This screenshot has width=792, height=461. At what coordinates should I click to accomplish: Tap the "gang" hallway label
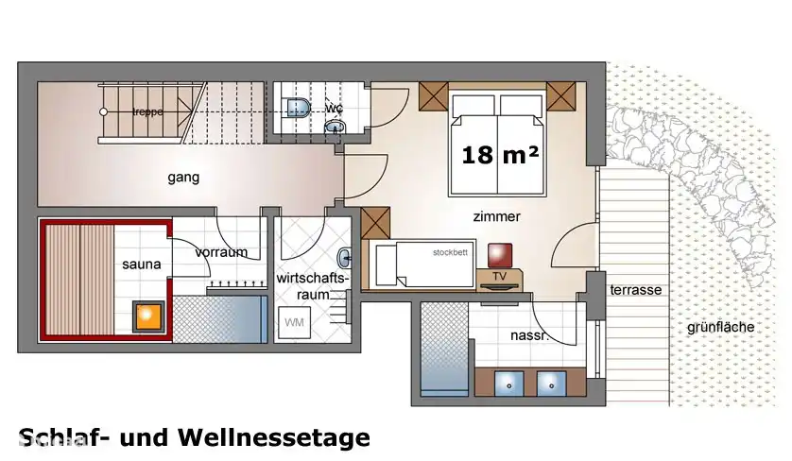click(x=183, y=178)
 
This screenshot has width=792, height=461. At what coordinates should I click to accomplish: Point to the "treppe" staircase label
click(x=147, y=111)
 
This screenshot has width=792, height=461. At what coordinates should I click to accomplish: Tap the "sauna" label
click(x=141, y=265)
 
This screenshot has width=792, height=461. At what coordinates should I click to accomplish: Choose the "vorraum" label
click(x=221, y=252)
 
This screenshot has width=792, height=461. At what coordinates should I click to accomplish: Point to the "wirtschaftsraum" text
click(x=313, y=286)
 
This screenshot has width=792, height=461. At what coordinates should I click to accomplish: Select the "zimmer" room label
click(x=496, y=216)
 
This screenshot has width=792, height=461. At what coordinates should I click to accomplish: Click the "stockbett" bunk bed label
click(x=450, y=253)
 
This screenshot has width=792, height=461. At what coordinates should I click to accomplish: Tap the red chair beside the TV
click(x=499, y=255)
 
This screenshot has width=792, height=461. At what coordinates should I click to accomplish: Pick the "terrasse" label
click(x=635, y=290)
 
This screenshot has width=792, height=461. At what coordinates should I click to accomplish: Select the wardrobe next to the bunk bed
click(x=375, y=223)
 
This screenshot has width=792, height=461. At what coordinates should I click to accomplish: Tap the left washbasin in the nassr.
click(x=510, y=384)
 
